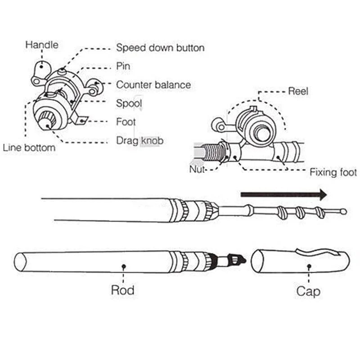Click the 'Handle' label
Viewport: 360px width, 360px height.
click(42, 45)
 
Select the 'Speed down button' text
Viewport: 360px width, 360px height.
click(160, 47)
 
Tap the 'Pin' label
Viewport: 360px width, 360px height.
click(123, 66)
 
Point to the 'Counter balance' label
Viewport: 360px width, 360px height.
click(153, 85)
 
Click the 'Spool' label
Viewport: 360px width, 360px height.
click(129, 103)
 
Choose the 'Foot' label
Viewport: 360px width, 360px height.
click(126, 121)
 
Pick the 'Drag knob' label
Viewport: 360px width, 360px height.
click(139, 140)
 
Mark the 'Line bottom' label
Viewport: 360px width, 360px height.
click(29, 148)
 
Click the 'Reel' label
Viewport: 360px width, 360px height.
click(298, 91)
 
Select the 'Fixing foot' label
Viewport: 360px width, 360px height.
click(333, 172)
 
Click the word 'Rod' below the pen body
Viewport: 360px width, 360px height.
click(123, 290)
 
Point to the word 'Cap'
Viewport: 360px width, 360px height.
click(308, 291)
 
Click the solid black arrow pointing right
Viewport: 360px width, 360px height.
click(283, 194)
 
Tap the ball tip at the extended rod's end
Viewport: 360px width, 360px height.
click(344, 211)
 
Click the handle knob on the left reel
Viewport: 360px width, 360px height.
click(41, 66)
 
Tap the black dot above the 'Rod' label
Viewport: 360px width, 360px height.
click(123, 267)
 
